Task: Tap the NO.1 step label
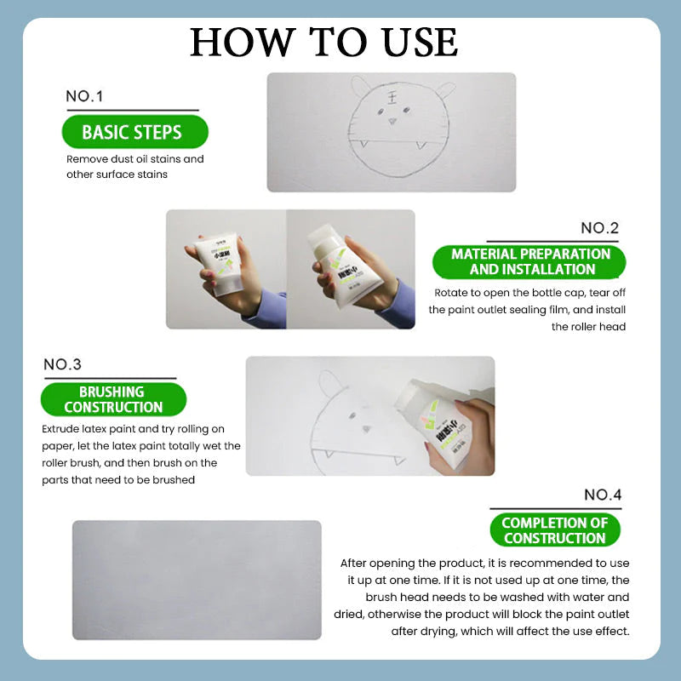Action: (84, 96)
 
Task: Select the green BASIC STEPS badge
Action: (132, 132)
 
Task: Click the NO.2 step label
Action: (599, 227)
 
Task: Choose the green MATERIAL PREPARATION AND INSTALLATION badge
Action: (530, 261)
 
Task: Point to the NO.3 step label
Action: (62, 364)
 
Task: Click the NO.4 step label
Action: (603, 495)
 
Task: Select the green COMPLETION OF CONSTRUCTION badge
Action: (554, 530)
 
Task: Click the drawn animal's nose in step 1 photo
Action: (392, 121)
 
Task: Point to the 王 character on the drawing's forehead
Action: (392, 100)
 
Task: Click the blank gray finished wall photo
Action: (197, 579)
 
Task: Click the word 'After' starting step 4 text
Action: (356, 563)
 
